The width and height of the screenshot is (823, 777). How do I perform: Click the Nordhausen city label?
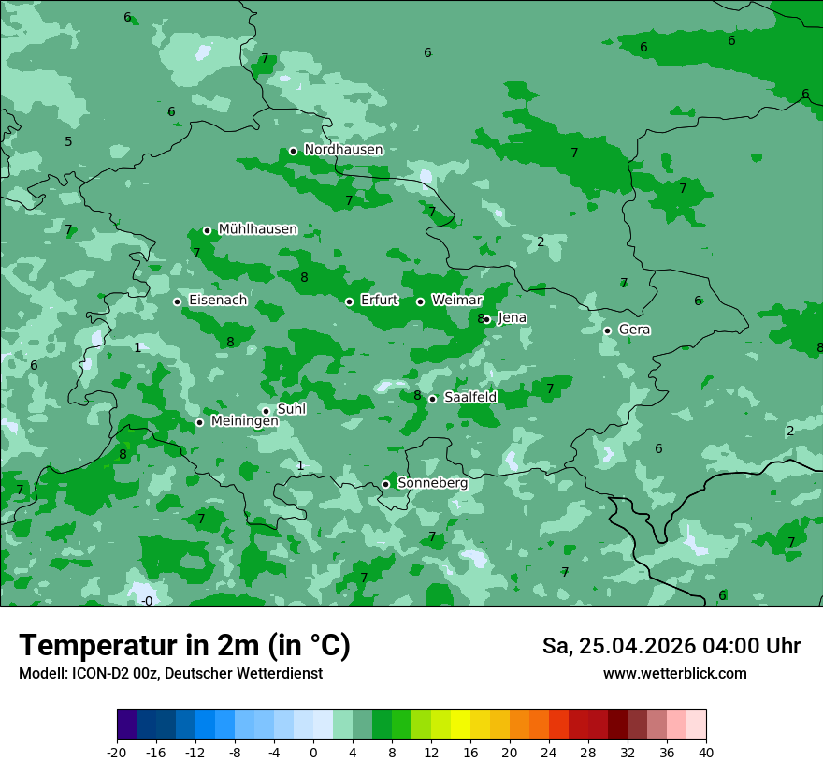pos(343,150)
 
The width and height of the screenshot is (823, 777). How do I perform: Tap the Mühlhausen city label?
pos(257,229)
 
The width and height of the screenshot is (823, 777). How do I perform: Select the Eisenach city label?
pos(218,301)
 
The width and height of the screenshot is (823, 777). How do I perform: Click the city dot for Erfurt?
pos(349,301)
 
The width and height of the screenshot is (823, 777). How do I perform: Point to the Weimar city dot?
pos(420,301)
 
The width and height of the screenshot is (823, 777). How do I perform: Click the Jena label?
pos(512,318)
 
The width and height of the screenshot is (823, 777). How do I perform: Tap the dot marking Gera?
pos(607,330)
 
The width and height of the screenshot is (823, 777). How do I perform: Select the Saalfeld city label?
pos(469,398)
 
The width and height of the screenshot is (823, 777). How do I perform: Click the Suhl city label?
pos(292,409)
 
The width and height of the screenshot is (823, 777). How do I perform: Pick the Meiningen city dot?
pos(199,422)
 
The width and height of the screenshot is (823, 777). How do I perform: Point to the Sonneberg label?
pos(432,483)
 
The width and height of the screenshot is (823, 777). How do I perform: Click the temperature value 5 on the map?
pos(68,142)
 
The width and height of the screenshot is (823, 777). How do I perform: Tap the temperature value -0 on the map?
pos(147,601)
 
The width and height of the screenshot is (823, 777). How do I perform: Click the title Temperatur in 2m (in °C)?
pos(184,646)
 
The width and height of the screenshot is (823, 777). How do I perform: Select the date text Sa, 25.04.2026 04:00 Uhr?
pos(671,646)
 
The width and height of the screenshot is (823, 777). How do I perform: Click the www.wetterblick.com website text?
pos(674,674)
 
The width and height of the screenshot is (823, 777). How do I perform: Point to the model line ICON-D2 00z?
pos(170,674)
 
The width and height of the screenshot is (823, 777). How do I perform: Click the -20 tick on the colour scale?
pos(117,752)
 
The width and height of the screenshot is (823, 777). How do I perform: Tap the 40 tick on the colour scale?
pos(706,752)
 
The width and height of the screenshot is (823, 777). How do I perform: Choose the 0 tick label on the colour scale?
pos(313,752)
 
